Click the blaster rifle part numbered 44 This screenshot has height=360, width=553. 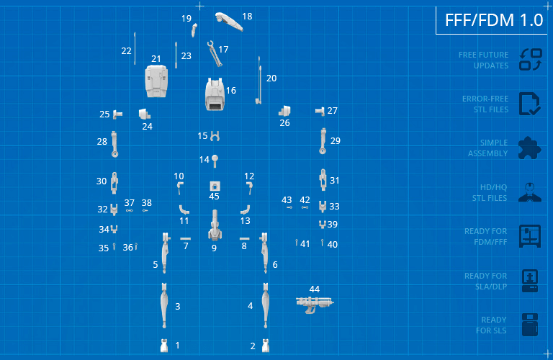pos(314,304)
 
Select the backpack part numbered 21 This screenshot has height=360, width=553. pos(156,81)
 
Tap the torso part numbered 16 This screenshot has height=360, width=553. pos(215,94)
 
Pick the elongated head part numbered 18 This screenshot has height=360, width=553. pos(229,21)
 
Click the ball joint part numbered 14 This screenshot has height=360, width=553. pos(215,161)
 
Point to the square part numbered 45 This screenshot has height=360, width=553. pos(215,186)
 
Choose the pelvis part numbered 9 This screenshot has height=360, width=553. pos(215,225)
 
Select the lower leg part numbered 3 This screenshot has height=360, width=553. pos(164,305)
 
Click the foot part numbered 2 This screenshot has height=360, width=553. pos(266,346)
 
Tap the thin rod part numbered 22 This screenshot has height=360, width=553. pos(135,48)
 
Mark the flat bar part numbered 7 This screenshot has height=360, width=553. pos(185,239)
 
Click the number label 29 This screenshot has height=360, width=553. pos(336,141)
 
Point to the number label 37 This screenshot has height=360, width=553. pos(130,203)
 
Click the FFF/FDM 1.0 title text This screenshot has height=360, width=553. pos(494,20)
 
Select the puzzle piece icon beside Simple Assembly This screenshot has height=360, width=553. pos(529,148)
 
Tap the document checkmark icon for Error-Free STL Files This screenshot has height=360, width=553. pos(529,104)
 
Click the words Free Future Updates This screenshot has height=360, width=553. pos(484,60)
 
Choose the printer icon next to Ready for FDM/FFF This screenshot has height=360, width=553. pos(530,236)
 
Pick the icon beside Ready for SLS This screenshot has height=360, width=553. pos(530,325)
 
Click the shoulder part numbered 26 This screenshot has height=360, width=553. pos(284,111)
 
